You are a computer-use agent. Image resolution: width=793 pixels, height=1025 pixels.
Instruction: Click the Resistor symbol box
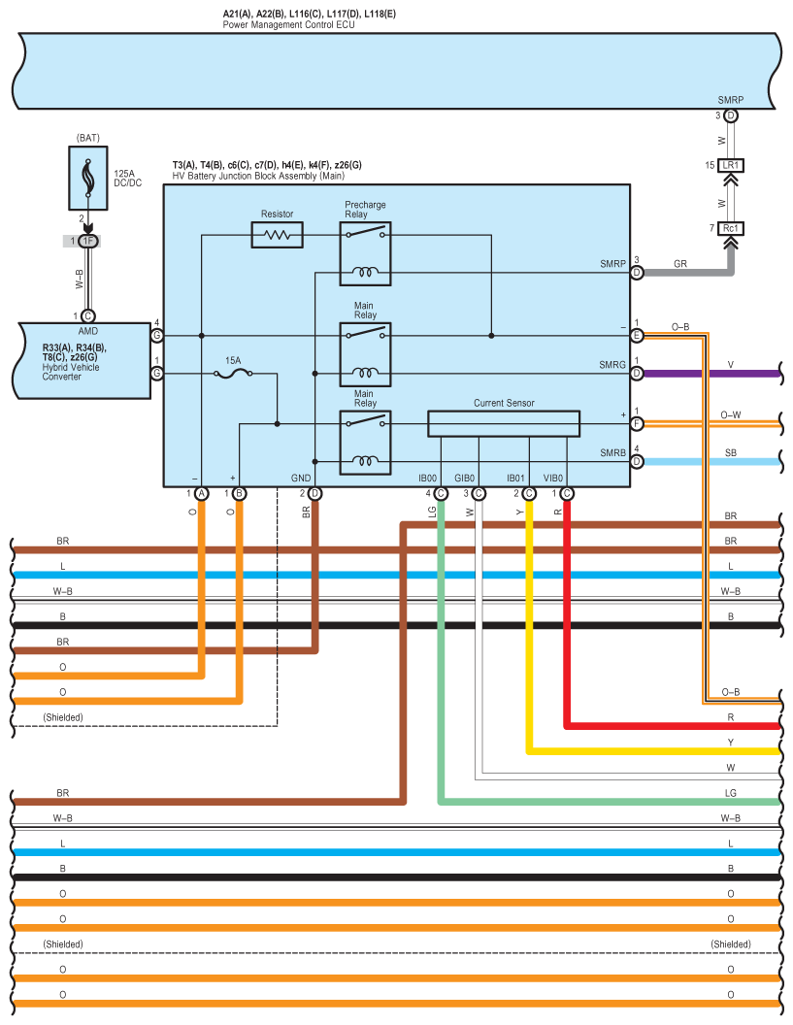tap(278, 235)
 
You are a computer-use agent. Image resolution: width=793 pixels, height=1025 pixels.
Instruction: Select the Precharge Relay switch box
tap(366, 253)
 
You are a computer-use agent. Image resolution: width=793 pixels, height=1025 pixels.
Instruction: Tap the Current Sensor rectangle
tap(504, 423)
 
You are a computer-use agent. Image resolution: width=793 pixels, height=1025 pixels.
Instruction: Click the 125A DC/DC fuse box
tap(88, 178)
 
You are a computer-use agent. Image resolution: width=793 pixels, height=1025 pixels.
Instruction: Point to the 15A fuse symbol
tap(233, 374)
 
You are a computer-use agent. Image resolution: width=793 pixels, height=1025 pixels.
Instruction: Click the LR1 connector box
tap(731, 165)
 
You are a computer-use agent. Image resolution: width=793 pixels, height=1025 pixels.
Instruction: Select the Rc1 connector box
tap(731, 228)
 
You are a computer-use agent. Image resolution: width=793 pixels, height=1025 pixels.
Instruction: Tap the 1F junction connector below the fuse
tap(87, 242)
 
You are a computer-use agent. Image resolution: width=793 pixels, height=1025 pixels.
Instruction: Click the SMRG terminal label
tap(612, 365)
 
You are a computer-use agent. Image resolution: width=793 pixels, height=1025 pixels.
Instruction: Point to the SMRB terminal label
tap(612, 452)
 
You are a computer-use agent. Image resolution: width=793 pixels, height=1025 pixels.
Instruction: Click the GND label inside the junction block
tap(301, 478)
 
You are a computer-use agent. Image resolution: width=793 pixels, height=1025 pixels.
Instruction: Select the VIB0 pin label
tap(553, 478)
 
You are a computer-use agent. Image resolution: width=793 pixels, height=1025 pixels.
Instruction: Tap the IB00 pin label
tap(427, 478)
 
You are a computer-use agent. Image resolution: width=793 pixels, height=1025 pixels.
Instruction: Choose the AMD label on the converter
tap(88, 331)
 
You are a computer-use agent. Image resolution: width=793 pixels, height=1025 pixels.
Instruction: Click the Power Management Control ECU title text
tap(288, 25)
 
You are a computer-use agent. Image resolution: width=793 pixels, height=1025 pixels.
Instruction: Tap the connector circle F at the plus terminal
tap(637, 423)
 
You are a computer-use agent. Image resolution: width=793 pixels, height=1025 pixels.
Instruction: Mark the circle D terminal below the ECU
tap(731, 116)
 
